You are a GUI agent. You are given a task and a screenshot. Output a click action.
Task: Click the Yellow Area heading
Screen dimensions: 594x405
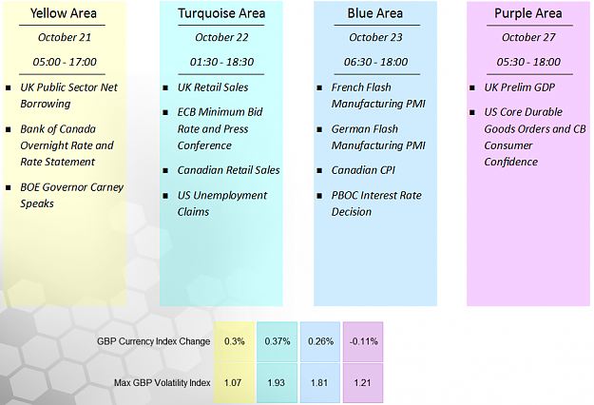[x=64, y=13]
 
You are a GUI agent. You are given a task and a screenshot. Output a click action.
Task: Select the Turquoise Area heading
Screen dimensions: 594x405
[x=221, y=13]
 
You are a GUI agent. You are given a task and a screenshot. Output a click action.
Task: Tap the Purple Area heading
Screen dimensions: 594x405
[x=528, y=13]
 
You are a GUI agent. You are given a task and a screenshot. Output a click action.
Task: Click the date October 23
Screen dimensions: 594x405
[x=375, y=37]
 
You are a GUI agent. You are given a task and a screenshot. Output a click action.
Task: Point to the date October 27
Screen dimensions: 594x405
[x=528, y=37]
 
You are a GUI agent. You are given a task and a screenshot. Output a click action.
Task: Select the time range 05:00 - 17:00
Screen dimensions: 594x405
[x=65, y=62]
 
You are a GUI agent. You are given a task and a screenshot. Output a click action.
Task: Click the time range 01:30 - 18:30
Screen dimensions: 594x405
[x=221, y=62]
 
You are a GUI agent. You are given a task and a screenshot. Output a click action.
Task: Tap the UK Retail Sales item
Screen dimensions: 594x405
[x=213, y=87]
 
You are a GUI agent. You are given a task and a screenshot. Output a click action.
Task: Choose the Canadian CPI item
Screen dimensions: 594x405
[x=363, y=170]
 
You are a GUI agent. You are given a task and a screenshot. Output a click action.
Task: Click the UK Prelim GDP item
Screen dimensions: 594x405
[x=519, y=87]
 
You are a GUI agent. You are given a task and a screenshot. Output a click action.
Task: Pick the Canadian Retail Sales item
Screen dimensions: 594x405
[x=228, y=170]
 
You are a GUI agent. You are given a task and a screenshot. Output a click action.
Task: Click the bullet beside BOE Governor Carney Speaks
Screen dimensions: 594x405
[x=9, y=187]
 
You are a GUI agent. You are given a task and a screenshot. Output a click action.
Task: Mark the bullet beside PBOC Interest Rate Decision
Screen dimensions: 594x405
[x=319, y=196]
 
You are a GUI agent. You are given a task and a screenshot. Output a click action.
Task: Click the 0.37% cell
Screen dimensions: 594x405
[x=277, y=341]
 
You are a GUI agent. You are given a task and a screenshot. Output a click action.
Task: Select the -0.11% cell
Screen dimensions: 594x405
[x=363, y=341]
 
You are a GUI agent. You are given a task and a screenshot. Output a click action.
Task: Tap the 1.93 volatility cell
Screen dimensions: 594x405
[x=277, y=382]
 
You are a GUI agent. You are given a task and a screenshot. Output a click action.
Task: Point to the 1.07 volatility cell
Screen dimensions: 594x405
[x=234, y=382]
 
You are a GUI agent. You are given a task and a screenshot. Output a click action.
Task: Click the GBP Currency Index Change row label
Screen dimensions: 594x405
[x=153, y=341]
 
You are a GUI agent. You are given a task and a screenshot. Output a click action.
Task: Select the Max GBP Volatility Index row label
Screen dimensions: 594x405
[x=163, y=382]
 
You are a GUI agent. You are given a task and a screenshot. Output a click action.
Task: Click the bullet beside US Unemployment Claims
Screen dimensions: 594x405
[x=165, y=196]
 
